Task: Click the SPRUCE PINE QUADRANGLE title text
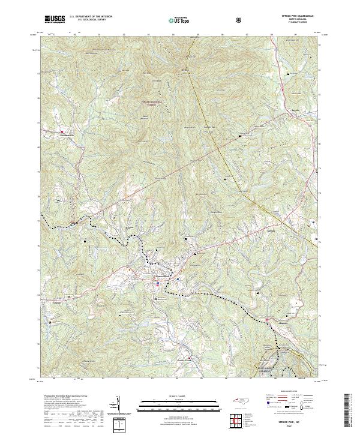pos(292,16)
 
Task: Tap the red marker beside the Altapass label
pos(266,319)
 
